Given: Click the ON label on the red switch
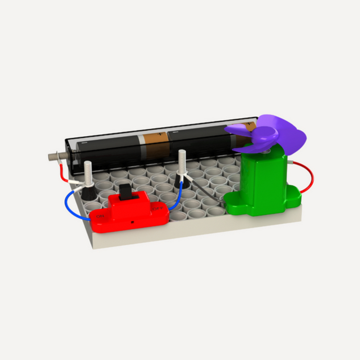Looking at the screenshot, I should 100,217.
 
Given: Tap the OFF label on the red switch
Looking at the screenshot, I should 157,209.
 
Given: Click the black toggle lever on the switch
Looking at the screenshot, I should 126,194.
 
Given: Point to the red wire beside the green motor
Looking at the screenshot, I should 309,177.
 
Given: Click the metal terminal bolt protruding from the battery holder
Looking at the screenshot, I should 53,155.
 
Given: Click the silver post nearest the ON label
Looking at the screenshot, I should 88,172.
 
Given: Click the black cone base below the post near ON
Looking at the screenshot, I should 89,193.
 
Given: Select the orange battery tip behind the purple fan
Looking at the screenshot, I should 250,127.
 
